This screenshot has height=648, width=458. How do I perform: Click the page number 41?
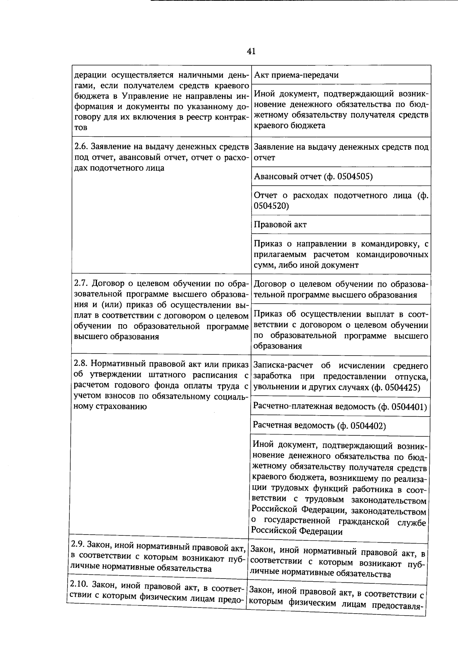pyautogui.click(x=251, y=51)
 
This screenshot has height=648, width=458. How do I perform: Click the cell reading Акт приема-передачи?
pyautogui.click(x=296, y=75)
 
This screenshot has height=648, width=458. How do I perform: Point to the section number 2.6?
pyautogui.click(x=81, y=147)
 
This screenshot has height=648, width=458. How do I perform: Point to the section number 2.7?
pyautogui.click(x=81, y=284)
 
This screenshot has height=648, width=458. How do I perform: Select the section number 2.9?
pyautogui.click(x=78, y=545)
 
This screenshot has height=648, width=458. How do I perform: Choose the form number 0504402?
pyautogui.click(x=366, y=426)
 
